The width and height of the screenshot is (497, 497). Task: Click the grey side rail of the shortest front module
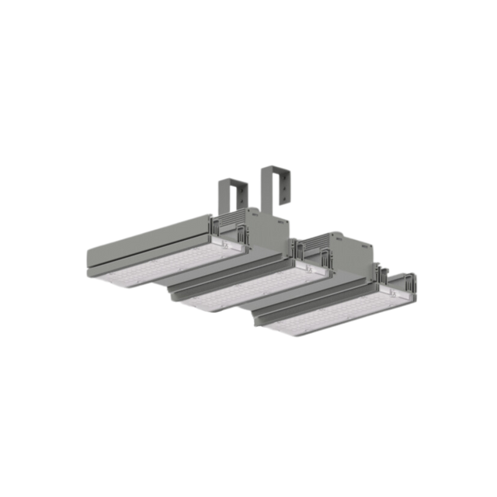tap(311, 303)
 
